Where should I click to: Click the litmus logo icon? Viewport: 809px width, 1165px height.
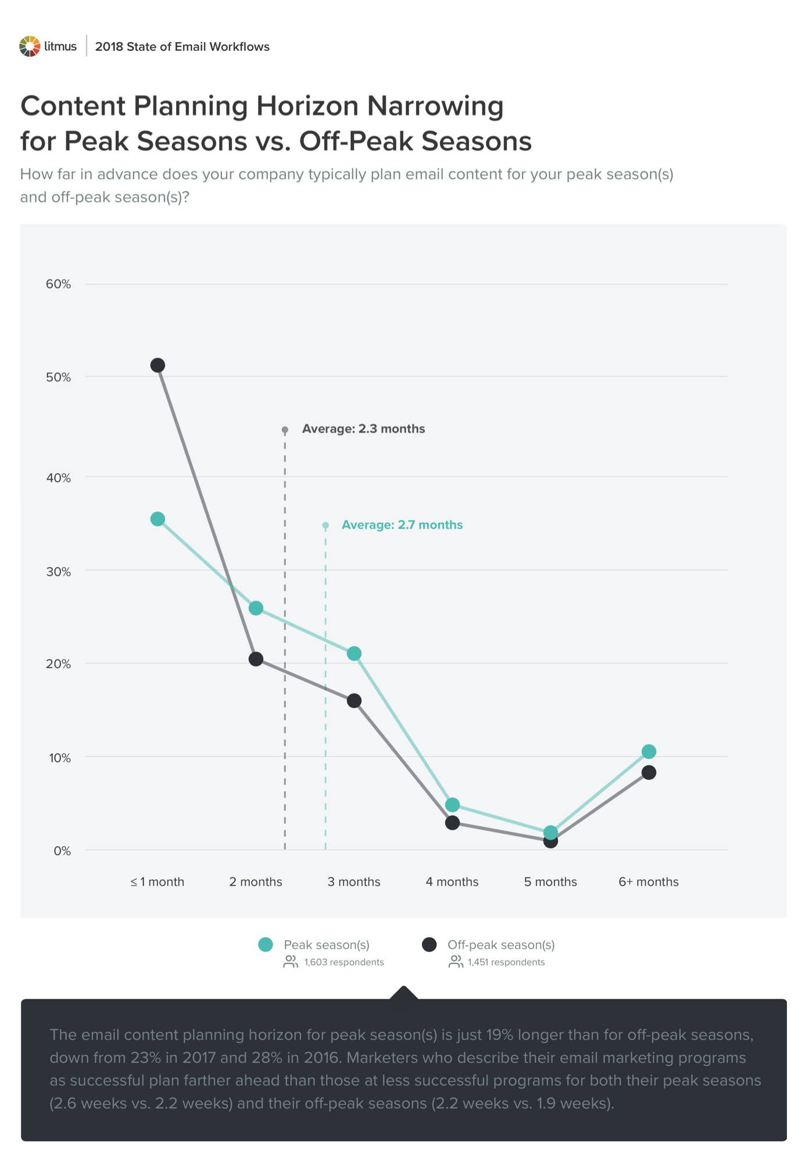tap(30, 46)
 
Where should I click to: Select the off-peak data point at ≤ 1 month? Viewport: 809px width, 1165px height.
tap(157, 365)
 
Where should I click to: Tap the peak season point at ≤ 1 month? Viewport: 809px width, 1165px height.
tap(157, 519)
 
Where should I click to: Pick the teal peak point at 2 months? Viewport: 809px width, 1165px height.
tap(256, 608)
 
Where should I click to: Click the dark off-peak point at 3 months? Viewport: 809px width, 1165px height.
tap(354, 701)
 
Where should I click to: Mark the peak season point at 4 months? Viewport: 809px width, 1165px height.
tap(452, 805)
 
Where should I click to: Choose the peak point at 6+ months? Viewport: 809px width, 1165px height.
tap(649, 752)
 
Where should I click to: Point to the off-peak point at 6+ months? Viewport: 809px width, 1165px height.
tap(649, 773)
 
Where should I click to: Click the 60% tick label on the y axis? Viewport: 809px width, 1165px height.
tap(58, 284)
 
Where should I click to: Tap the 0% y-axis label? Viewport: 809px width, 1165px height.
tap(62, 851)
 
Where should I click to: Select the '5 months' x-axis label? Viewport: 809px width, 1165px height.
tap(550, 882)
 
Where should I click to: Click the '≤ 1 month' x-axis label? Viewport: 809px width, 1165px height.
tap(157, 882)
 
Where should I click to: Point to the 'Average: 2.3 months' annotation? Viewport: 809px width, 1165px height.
tap(363, 429)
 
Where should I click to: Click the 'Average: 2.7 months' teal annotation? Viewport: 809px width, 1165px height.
tap(402, 525)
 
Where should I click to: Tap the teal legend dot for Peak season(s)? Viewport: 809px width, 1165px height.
tap(266, 945)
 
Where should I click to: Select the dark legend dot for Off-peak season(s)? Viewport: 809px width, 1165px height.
tap(429, 945)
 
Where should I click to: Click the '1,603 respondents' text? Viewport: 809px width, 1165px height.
tap(343, 962)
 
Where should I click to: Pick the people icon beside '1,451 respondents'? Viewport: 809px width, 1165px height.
tap(456, 962)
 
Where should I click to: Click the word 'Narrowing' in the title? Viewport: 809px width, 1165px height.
tap(435, 106)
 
